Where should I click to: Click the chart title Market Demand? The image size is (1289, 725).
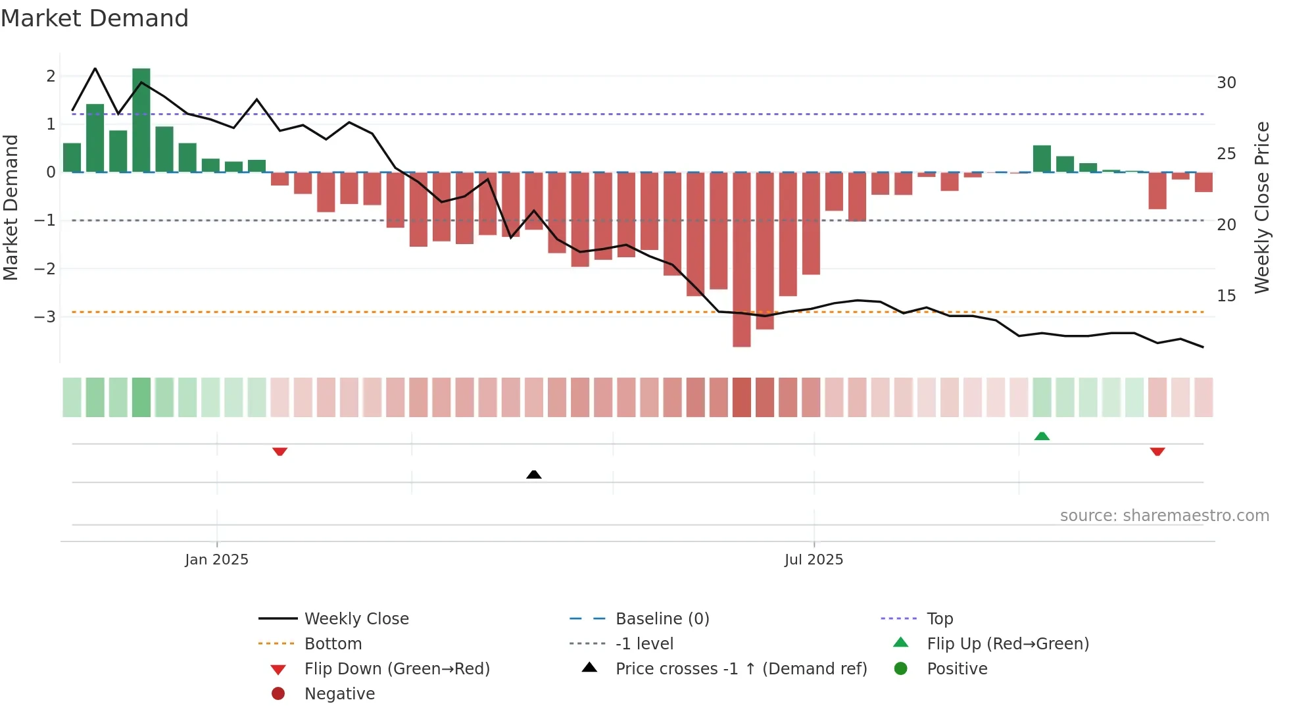coord(95,18)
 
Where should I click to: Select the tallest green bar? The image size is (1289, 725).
coord(141,120)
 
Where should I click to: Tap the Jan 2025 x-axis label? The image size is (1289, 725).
coord(216,560)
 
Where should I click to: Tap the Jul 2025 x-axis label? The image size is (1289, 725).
coord(814,560)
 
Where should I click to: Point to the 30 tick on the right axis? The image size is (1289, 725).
coord(1226,83)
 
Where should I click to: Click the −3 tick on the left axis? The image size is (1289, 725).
coord(45,316)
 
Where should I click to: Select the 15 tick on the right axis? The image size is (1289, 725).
coord(1226,296)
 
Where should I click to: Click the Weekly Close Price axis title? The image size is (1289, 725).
coord(1261,207)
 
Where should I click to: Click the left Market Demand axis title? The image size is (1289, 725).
coord(11,207)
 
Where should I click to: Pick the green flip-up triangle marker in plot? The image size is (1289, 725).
coord(1042,436)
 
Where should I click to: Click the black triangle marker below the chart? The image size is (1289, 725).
coord(534,474)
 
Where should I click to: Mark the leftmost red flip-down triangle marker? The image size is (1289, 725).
coord(280,451)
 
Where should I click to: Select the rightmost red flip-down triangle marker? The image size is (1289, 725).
coord(1157,451)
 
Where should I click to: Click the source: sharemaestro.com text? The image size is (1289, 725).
coord(1164,516)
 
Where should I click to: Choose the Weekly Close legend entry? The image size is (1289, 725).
coord(356,619)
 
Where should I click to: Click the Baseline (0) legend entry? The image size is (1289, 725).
coord(662,619)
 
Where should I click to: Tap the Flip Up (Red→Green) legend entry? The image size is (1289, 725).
coord(1008,644)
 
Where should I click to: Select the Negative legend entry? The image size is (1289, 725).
coord(339,694)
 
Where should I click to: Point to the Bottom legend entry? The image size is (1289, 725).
coord(333,644)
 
